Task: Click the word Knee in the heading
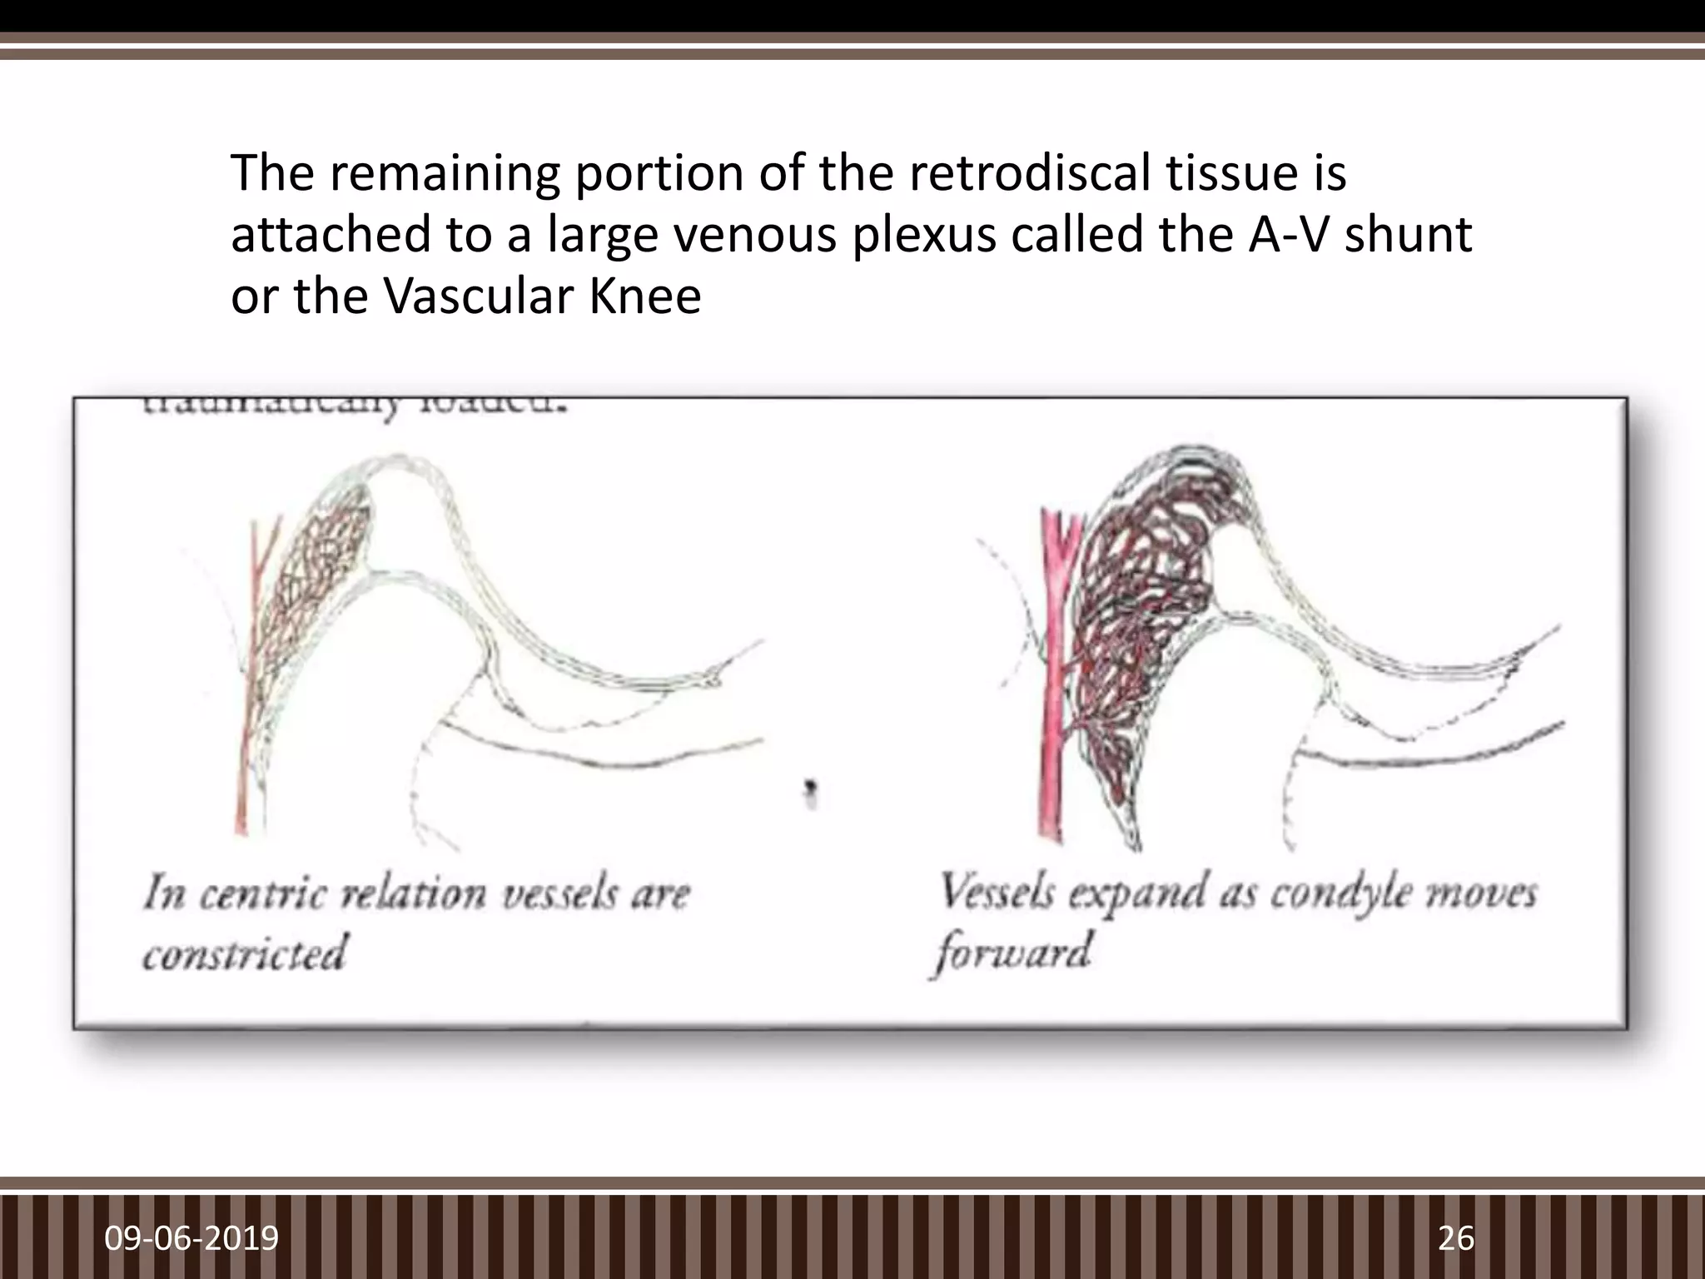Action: click(x=644, y=296)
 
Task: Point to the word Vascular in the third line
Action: click(x=479, y=296)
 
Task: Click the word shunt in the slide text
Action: click(x=1409, y=236)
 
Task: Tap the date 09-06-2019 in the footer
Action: click(x=191, y=1238)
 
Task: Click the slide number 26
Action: click(x=1456, y=1238)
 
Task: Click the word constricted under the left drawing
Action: click(x=243, y=953)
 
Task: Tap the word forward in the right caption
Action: click(x=1011, y=953)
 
